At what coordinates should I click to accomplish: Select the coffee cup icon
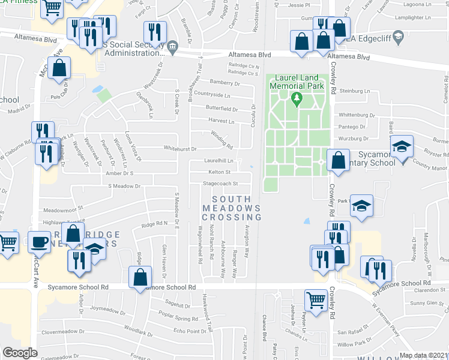(40, 242)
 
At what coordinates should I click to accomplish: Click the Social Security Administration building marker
(172, 46)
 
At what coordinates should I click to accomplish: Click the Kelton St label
(220, 172)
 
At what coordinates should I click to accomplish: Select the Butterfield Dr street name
(222, 109)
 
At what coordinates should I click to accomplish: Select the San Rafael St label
(352, 332)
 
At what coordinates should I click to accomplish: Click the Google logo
(20, 353)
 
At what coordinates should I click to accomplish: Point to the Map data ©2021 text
(424, 355)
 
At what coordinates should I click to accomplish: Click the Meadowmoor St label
(61, 210)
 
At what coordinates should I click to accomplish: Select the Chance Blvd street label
(264, 328)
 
